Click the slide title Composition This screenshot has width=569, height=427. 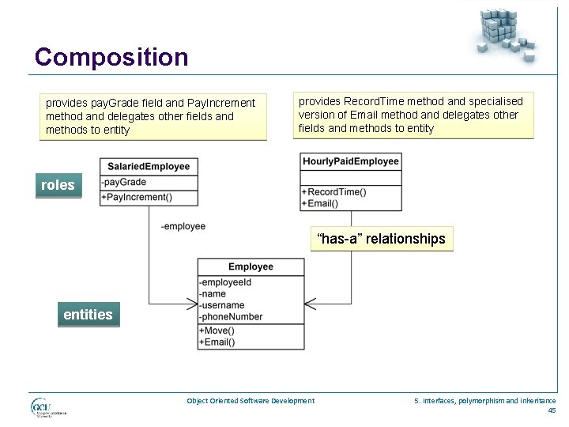(111, 57)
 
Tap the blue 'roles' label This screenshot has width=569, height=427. (58, 185)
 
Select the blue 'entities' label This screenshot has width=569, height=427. (88, 314)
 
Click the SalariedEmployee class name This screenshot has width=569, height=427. (149, 166)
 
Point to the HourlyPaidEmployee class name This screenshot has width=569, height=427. (350, 161)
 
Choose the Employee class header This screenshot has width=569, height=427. (251, 267)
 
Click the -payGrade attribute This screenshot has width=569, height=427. (125, 183)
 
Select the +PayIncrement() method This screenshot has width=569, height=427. (138, 197)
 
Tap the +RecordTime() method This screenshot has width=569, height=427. (333, 192)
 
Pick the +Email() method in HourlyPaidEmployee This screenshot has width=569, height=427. (320, 203)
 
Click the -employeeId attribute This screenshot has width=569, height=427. (226, 282)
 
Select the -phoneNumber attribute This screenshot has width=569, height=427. (231, 317)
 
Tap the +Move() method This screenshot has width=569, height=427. (217, 331)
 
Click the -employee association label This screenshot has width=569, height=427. (183, 226)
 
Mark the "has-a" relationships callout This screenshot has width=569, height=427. (381, 239)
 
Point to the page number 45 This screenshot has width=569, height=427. (552, 410)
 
